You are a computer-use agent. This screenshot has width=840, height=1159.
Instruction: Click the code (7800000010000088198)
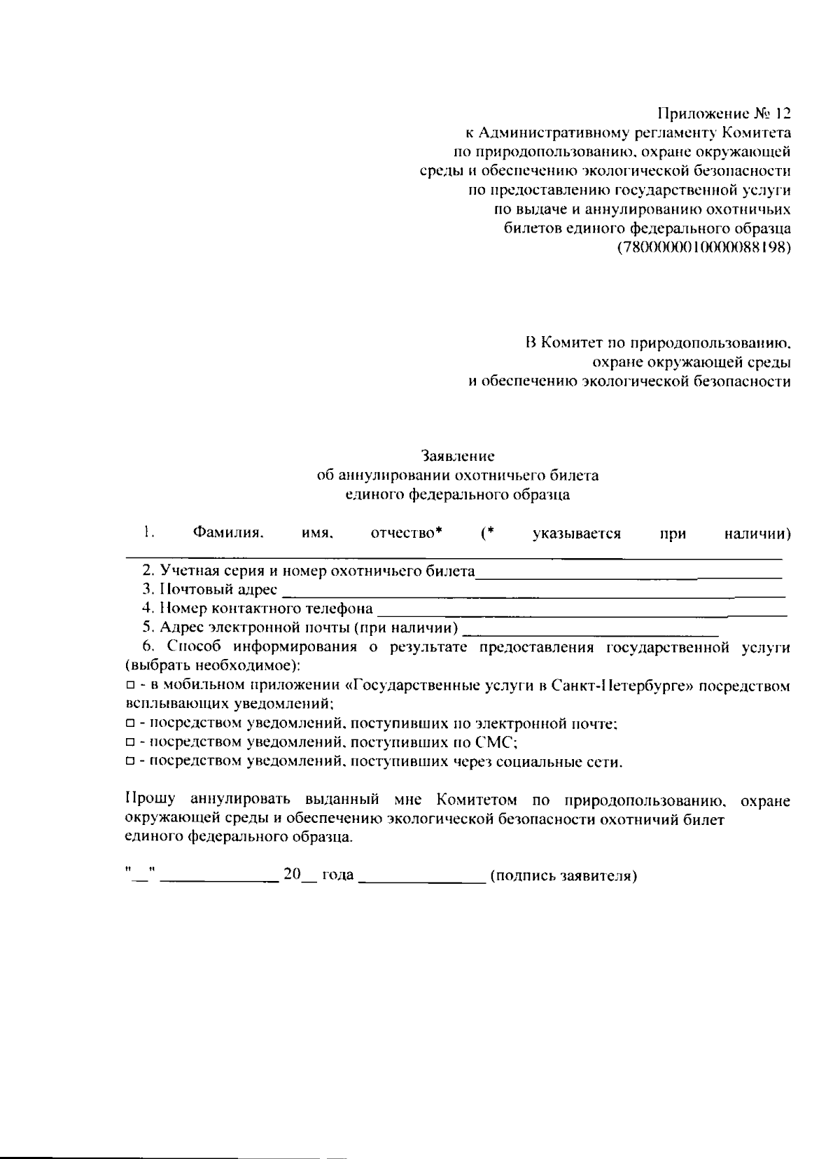(703, 248)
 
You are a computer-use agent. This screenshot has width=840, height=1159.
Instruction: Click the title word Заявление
(458, 456)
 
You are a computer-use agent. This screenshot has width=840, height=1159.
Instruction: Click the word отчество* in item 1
(406, 534)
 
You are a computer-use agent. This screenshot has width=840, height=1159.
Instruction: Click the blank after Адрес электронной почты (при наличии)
(591, 630)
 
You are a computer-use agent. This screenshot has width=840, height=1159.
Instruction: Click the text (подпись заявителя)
(563, 876)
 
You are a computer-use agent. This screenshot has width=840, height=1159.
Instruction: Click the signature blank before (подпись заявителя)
(422, 876)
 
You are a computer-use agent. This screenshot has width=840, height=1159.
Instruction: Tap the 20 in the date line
(292, 875)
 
